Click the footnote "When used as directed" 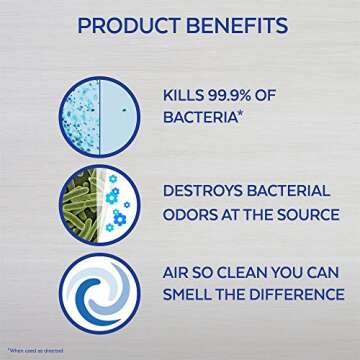tap(31, 349)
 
